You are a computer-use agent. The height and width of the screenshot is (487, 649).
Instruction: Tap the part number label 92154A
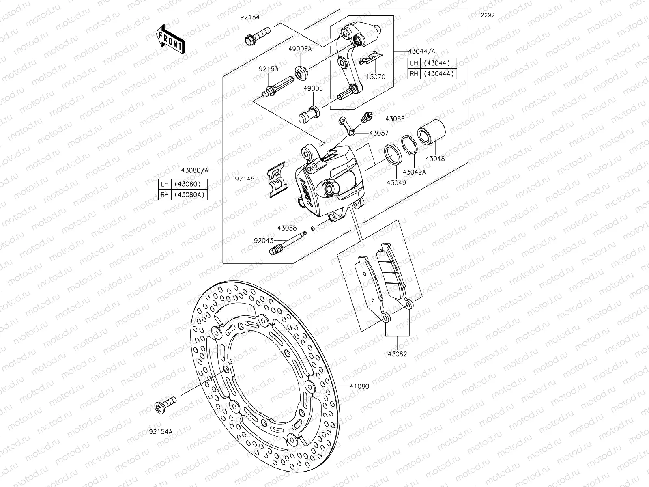tap(161, 431)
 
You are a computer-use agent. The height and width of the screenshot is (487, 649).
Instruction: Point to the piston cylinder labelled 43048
tap(432, 133)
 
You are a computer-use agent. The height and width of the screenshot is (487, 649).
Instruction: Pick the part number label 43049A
tap(415, 172)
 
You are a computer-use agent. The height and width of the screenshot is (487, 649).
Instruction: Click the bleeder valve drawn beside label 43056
tap(366, 119)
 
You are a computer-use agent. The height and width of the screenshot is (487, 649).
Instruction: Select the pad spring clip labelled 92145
tap(278, 181)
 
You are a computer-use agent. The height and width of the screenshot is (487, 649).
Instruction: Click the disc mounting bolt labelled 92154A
tap(165, 405)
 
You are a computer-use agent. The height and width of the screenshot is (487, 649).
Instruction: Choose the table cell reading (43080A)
tap(190, 195)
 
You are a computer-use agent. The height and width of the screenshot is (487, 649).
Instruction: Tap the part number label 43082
tap(397, 354)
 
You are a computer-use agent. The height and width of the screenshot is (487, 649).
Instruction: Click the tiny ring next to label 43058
tap(313, 228)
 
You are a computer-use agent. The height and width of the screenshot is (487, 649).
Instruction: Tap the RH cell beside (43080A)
tap(164, 195)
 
